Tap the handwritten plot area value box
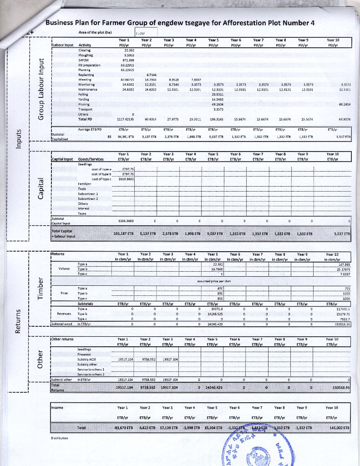point(144,32)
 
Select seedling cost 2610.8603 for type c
point(127,179)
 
